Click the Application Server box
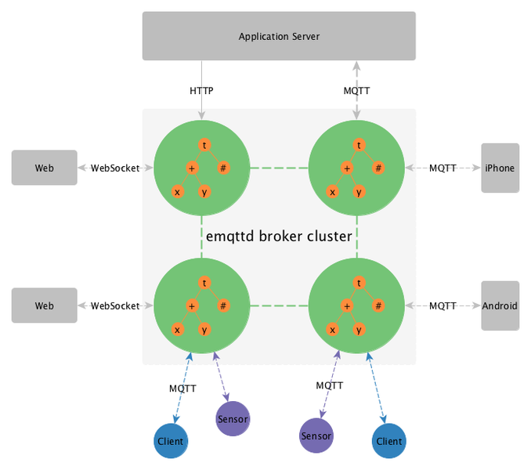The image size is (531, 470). click(279, 36)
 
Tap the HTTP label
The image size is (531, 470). click(201, 91)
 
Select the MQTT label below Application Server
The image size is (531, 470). click(356, 91)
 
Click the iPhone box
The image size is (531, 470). click(500, 168)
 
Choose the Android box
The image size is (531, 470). click(500, 305)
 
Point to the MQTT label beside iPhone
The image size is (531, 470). click(442, 168)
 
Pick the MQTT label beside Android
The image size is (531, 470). click(442, 305)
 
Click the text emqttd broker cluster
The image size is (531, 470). click(279, 237)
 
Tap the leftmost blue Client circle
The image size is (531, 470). click(171, 441)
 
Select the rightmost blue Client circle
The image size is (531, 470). click(389, 441)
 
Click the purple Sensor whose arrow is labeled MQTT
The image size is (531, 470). click(316, 436)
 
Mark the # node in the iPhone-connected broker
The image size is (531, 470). click(378, 168)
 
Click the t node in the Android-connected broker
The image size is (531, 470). click(359, 283)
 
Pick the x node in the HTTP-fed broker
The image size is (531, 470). click(178, 192)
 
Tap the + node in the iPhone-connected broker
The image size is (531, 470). click(347, 168)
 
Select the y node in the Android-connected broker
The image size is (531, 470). click(359, 330)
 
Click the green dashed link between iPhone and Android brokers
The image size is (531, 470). click(357, 237)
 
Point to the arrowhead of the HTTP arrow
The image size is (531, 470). click(201, 116)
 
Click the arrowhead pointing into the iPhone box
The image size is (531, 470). click(477, 168)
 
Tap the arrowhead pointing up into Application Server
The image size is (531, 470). click(356, 66)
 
